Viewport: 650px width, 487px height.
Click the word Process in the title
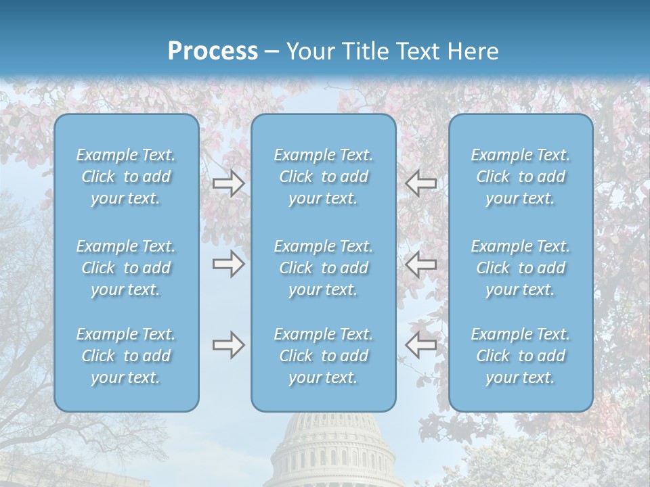213,51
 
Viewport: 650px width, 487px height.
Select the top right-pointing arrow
229,183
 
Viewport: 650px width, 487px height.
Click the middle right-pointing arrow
229,264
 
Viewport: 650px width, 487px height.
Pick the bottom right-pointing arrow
229,345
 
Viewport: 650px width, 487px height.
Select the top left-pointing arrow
420,183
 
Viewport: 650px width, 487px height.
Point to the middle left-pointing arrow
420,264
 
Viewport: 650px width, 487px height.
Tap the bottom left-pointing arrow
420,345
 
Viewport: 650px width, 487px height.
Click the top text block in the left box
126,177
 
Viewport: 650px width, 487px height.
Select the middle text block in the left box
126,268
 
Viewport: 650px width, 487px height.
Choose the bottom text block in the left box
126,356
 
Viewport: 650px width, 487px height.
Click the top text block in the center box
323,177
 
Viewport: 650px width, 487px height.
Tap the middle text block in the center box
323,268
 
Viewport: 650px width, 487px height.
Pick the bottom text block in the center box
323,356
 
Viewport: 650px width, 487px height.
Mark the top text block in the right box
520,177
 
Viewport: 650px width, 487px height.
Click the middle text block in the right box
520,268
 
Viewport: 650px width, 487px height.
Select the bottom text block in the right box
520,356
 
